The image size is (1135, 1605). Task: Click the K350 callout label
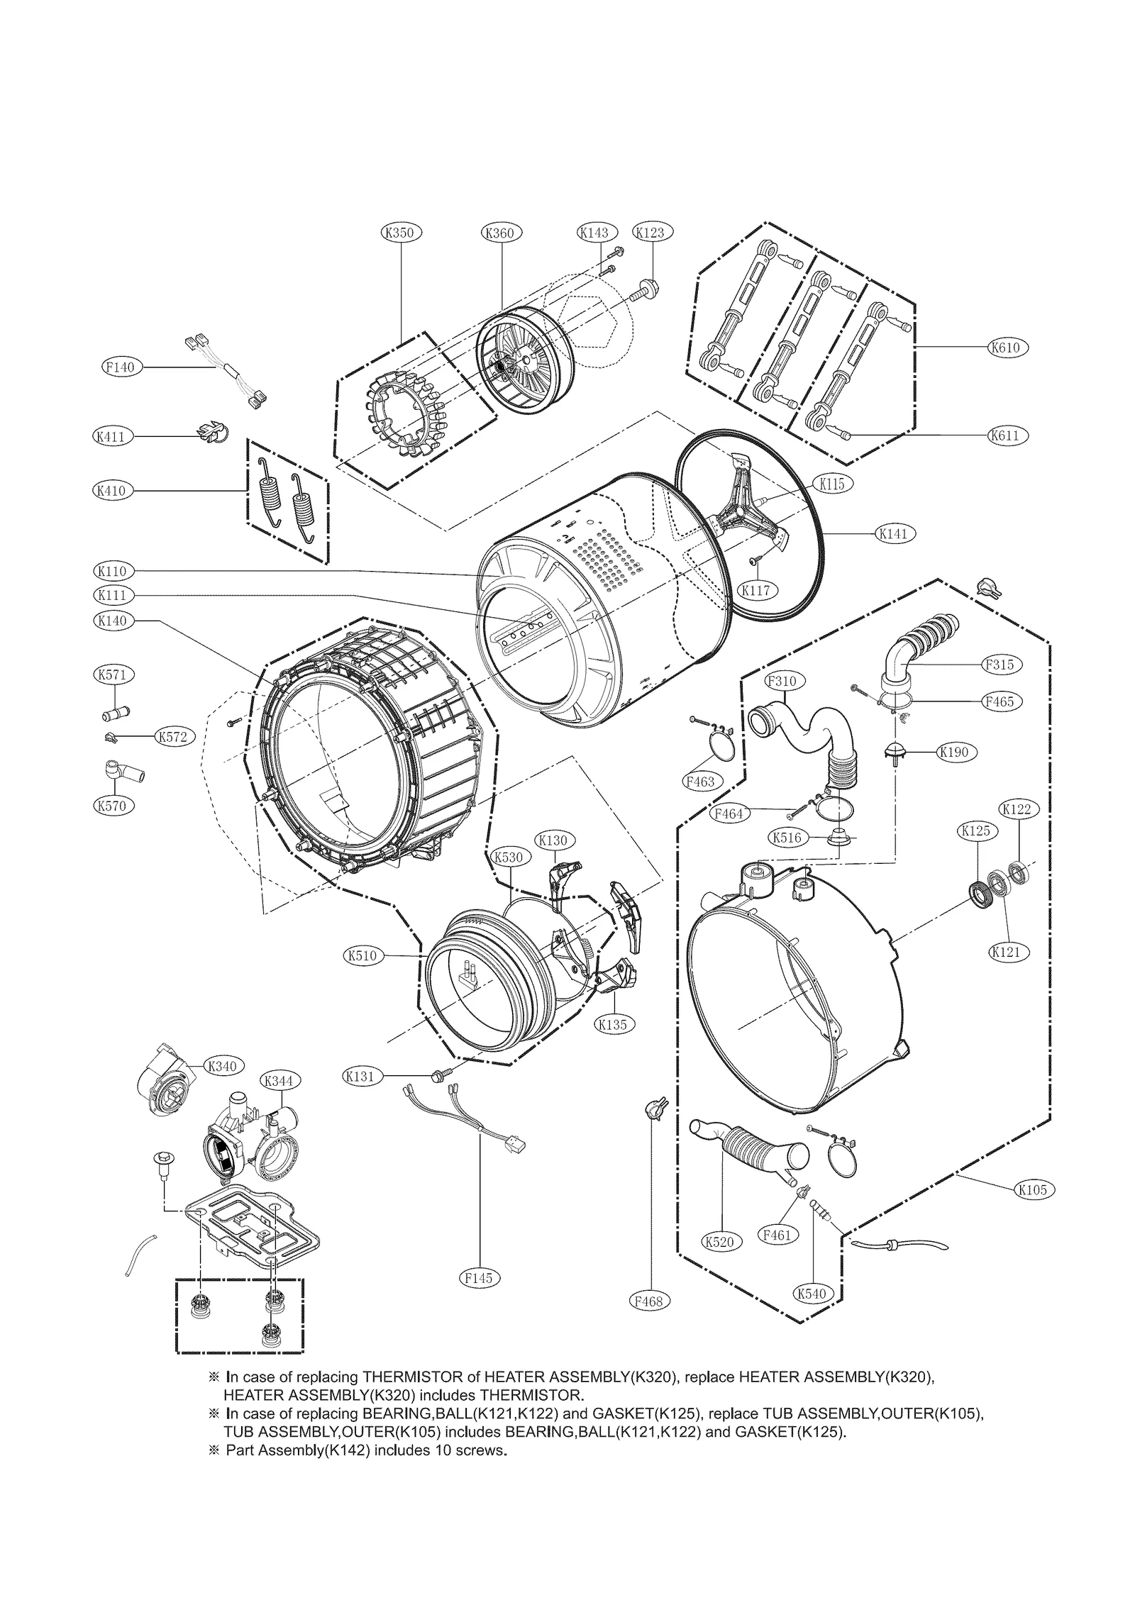[x=402, y=232]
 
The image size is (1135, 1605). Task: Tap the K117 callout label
[x=758, y=589]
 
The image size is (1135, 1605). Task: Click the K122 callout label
[x=1019, y=809]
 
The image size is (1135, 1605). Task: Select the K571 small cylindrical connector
[x=115, y=711]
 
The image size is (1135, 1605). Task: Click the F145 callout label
[x=480, y=1277]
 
